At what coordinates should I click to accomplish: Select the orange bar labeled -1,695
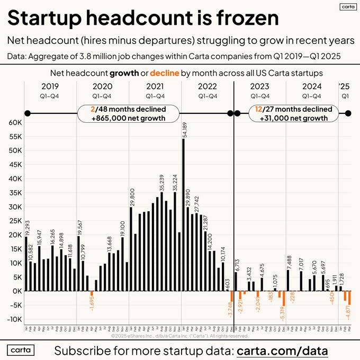(x=92, y=293)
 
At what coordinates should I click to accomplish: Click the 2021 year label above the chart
(x=155, y=86)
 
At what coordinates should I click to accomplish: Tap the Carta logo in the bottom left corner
(x=21, y=350)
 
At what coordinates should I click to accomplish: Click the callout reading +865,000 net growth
(x=129, y=118)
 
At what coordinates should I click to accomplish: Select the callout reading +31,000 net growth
(x=293, y=118)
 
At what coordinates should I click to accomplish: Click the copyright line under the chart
(x=180, y=335)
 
